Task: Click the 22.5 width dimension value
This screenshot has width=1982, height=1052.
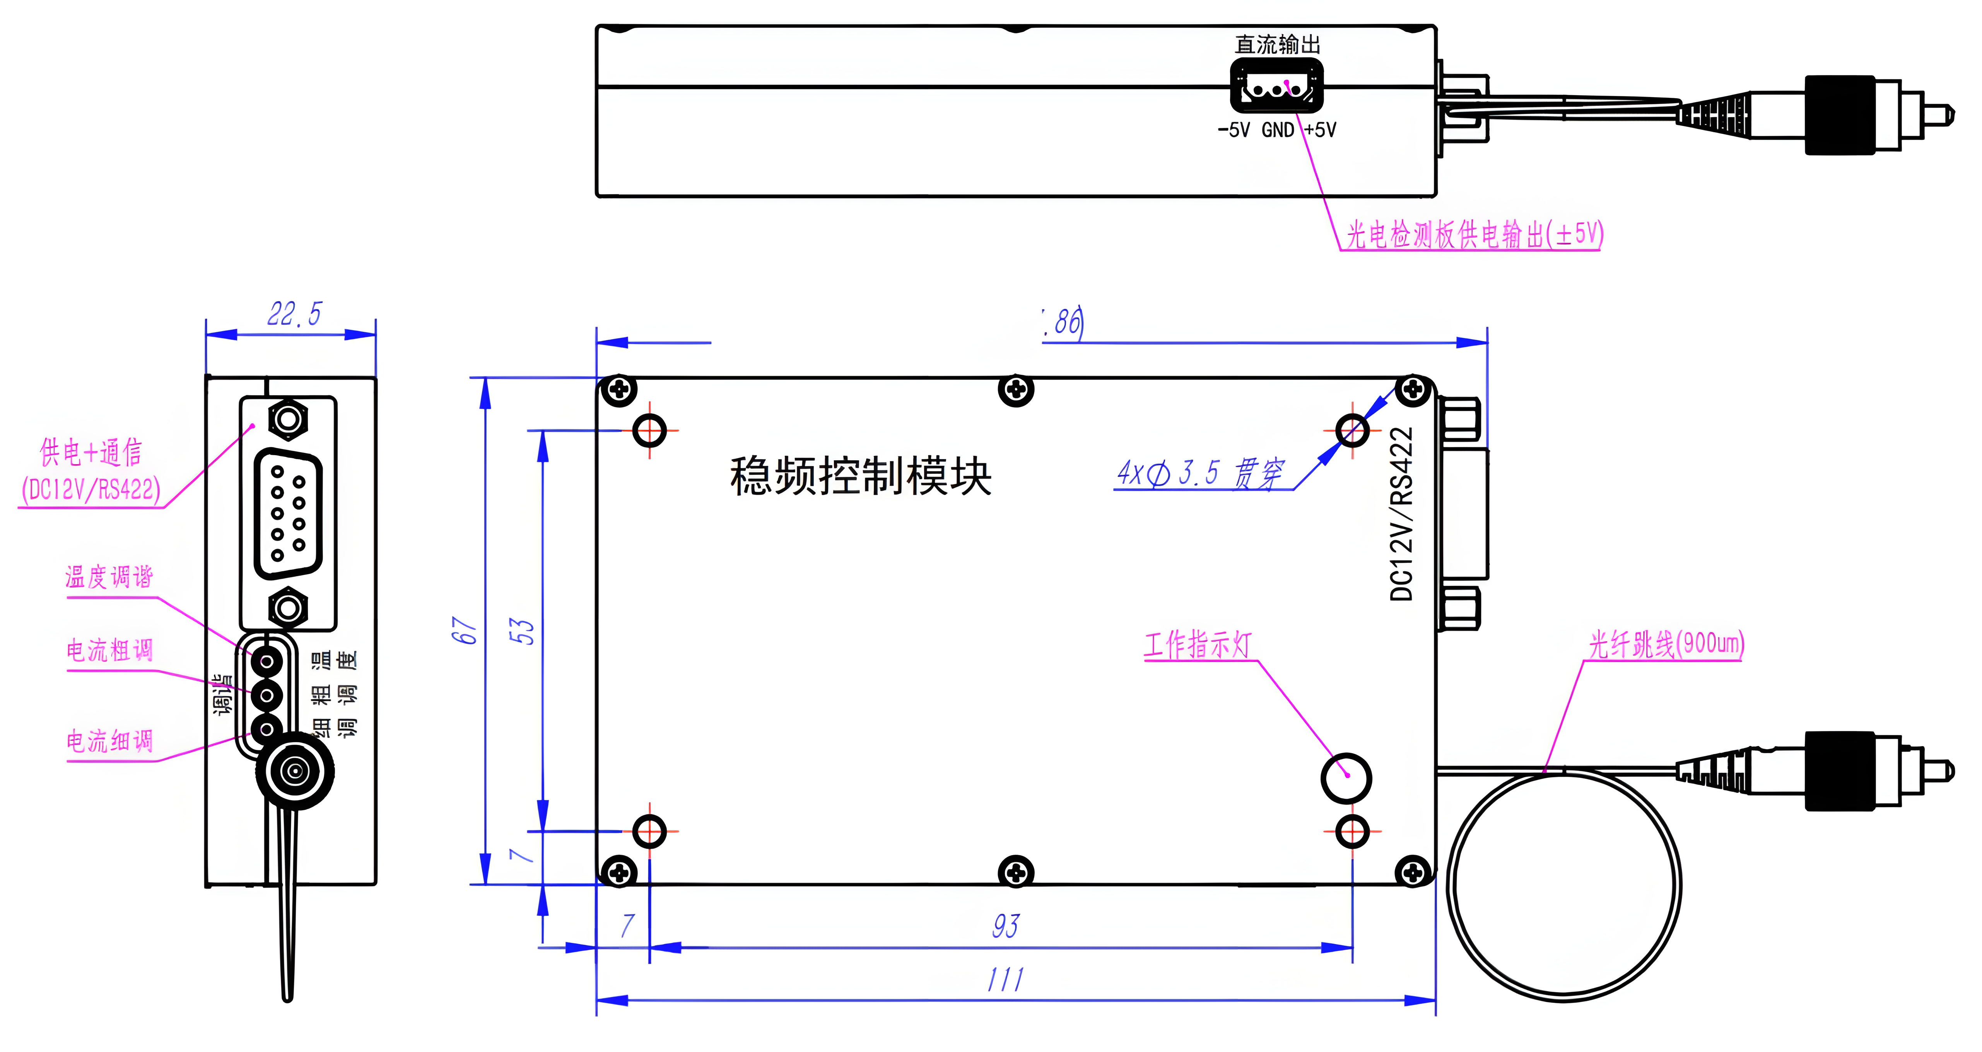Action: pos(294,314)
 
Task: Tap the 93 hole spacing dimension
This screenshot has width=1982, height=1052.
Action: pos(1006,926)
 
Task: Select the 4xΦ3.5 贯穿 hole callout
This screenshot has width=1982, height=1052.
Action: pos(1200,473)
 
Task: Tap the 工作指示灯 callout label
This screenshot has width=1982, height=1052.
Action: pos(1198,645)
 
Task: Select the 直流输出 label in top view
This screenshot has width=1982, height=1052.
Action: pos(1277,44)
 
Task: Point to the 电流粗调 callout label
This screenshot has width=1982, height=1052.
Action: pos(109,650)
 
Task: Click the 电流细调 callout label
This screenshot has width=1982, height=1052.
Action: pos(109,741)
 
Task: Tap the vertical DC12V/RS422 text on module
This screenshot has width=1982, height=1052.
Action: pos(1402,513)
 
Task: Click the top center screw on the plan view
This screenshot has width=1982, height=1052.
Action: pos(1016,389)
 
